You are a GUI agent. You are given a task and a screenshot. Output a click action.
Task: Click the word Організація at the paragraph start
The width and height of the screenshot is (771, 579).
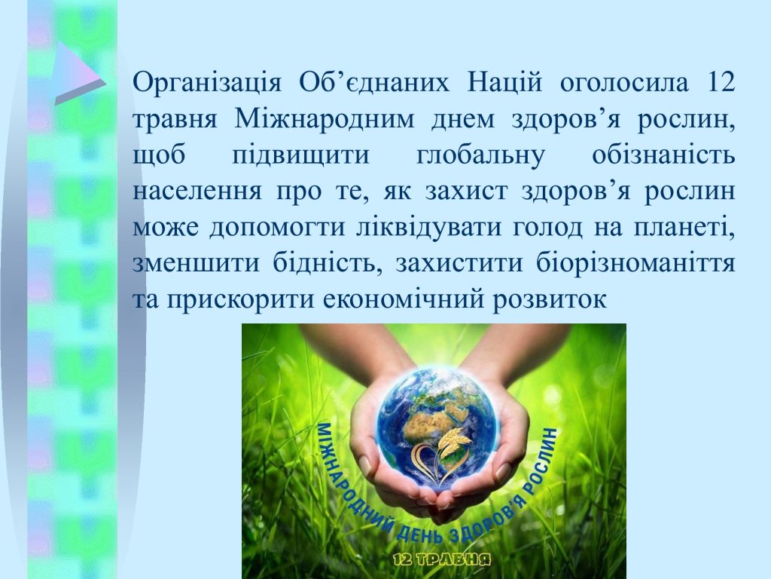pos(207,82)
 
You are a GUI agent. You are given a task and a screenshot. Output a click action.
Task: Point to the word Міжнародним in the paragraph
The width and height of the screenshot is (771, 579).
pos(325,118)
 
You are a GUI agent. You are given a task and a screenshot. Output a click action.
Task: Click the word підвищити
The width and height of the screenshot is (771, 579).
pos(300,155)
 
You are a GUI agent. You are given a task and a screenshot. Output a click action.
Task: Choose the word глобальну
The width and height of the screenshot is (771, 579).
pos(480,155)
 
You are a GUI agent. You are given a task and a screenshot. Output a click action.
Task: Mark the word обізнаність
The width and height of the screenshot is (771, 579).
pos(663,155)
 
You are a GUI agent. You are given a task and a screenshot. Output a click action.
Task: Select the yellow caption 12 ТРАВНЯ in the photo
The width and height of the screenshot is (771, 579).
pos(442,559)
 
